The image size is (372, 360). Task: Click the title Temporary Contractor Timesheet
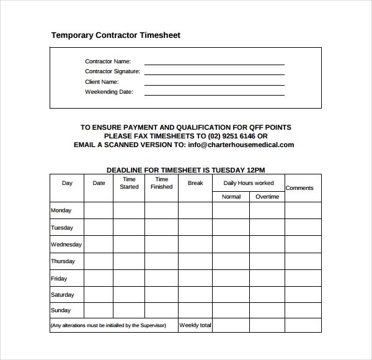click(115, 35)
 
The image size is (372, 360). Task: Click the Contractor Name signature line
click(214, 64)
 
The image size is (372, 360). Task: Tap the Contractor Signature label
click(112, 71)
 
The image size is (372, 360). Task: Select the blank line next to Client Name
click(214, 84)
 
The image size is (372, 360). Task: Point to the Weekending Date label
click(109, 92)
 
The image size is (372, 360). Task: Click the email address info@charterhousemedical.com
click(241, 145)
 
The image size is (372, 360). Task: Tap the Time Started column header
click(129, 183)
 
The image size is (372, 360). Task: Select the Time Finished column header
click(161, 183)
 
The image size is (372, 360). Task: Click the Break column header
click(195, 183)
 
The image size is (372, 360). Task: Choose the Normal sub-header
click(231, 197)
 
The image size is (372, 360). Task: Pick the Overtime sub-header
click(267, 197)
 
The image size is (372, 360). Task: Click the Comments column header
click(299, 188)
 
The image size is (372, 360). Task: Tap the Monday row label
click(61, 210)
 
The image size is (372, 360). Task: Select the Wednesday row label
click(66, 245)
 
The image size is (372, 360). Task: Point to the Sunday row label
click(61, 310)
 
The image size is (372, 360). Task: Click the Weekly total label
click(195, 325)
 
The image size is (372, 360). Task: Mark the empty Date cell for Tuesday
click(99, 228)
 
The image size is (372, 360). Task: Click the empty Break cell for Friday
click(195, 279)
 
